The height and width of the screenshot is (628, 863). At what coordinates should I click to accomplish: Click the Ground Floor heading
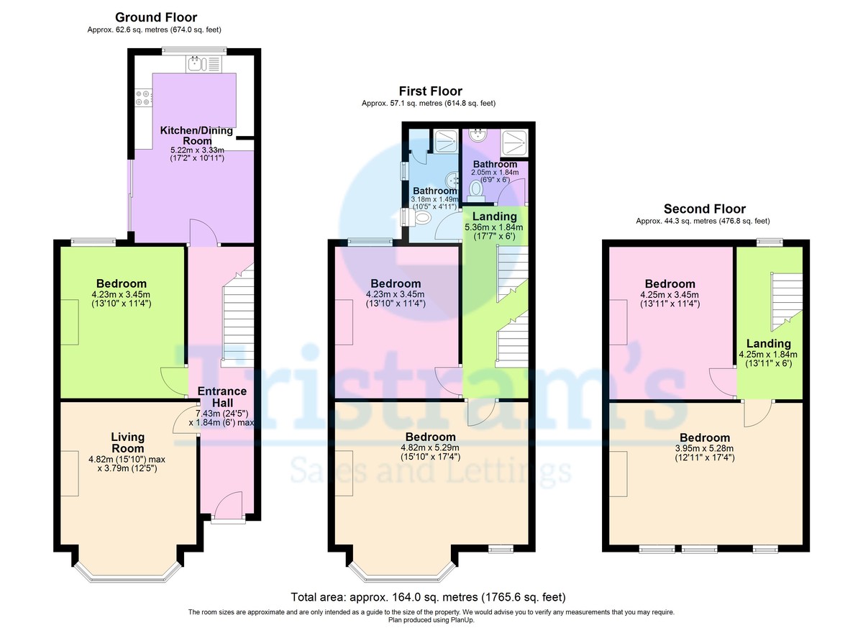(155, 17)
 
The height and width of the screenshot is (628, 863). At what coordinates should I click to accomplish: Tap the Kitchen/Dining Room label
(196, 135)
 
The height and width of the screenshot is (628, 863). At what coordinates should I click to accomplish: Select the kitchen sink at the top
(204, 64)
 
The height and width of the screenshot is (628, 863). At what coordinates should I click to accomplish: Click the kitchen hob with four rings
(142, 98)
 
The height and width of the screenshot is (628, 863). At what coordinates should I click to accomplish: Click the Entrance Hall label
(222, 396)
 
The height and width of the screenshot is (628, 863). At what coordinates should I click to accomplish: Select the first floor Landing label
(494, 216)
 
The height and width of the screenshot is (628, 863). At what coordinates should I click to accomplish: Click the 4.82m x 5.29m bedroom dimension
(430, 451)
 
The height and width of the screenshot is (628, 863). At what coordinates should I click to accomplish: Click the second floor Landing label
(768, 343)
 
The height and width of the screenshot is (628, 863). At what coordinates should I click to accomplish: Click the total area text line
(429, 597)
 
